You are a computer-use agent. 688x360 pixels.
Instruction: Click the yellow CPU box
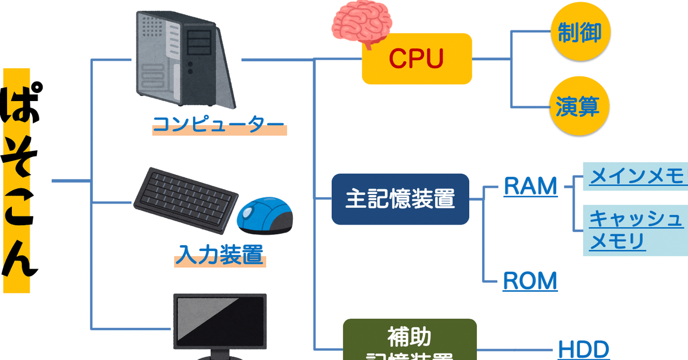click(x=417, y=59)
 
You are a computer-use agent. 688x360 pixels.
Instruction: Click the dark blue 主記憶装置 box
click(x=400, y=199)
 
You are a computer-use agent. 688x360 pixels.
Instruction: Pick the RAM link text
click(x=530, y=186)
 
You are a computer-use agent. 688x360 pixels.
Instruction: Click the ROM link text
click(x=530, y=281)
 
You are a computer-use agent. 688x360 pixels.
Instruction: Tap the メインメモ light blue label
click(x=637, y=176)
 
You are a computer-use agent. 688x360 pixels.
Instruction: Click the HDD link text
click(x=583, y=349)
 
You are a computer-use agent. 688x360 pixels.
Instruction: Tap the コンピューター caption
click(x=219, y=126)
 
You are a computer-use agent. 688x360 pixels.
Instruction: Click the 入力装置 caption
click(x=220, y=255)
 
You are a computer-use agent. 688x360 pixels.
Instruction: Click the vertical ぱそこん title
click(x=18, y=180)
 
